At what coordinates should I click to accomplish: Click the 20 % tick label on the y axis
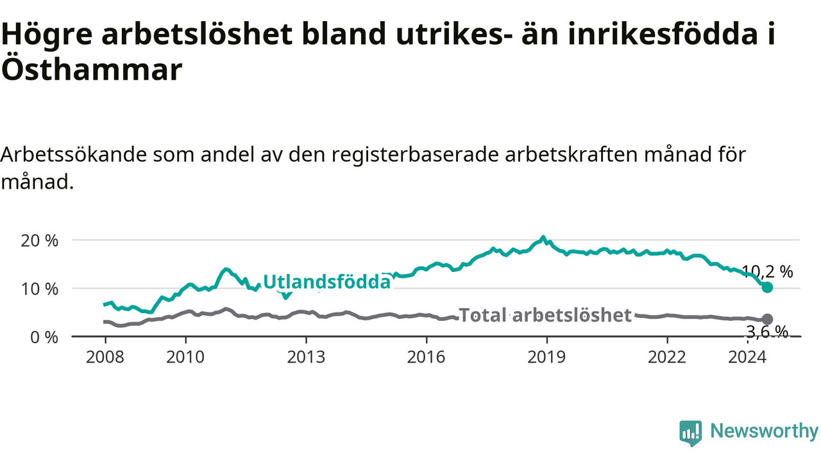(x=40, y=241)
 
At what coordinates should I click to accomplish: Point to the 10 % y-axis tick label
(x=40, y=289)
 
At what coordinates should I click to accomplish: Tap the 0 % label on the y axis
(x=44, y=338)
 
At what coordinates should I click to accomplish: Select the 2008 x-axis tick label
(x=105, y=357)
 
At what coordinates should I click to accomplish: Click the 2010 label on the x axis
(x=185, y=357)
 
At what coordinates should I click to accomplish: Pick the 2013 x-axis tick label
(x=306, y=357)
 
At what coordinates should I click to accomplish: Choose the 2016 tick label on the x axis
(x=427, y=357)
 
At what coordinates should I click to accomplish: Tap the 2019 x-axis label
(x=547, y=357)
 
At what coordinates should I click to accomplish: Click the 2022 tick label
(x=667, y=357)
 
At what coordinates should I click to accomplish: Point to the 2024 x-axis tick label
(x=747, y=357)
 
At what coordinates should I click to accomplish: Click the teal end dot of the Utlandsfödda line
(x=767, y=287)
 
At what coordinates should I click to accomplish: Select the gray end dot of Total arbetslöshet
(x=767, y=320)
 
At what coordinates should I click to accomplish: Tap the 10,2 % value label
(x=767, y=271)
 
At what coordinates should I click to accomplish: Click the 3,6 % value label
(x=767, y=332)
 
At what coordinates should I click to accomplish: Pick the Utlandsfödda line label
(x=327, y=282)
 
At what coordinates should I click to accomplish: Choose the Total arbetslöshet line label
(x=545, y=315)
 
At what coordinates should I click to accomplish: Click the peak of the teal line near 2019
(x=543, y=237)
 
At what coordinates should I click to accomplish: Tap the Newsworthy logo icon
(x=691, y=433)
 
